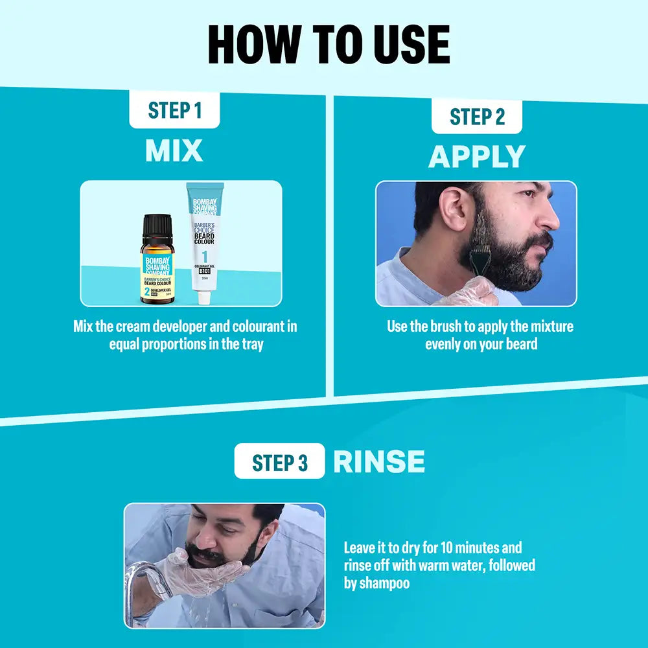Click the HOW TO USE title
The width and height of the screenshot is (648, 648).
[329, 45]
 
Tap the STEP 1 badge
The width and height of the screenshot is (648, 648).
[174, 110]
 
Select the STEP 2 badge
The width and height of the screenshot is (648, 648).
[477, 117]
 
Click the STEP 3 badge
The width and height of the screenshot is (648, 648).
[279, 463]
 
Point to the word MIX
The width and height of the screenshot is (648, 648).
[174, 151]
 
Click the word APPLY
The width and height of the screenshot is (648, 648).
[477, 157]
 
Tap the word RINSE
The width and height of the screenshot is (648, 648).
[379, 462]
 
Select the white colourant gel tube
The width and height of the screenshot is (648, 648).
[205, 240]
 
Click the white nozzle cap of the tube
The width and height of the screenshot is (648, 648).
[205, 297]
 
